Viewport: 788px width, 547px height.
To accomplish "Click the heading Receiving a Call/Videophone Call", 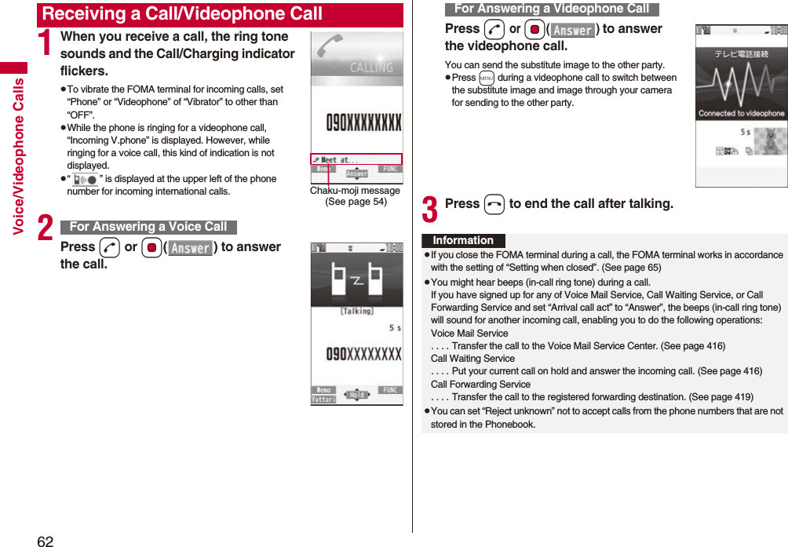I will [x=182, y=14].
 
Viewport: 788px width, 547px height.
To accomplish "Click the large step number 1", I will [x=46, y=45].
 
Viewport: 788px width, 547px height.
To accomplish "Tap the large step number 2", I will [x=46, y=228].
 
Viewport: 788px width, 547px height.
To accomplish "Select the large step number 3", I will [x=430, y=210].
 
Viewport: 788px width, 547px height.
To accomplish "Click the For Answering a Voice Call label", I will [x=148, y=227].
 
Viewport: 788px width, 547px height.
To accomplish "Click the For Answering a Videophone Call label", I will [x=552, y=9].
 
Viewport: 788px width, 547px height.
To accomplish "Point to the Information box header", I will [x=463, y=241].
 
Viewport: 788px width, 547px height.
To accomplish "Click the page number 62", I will [x=46, y=541].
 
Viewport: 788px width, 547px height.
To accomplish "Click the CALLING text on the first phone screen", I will [x=371, y=67].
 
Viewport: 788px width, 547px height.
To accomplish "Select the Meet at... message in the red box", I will [x=340, y=159].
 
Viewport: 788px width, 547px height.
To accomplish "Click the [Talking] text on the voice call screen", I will [x=356, y=311].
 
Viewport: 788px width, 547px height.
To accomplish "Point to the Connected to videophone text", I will [x=741, y=114].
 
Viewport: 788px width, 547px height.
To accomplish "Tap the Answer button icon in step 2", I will [x=191, y=248].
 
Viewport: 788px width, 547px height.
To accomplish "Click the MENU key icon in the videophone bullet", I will [x=486, y=78].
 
